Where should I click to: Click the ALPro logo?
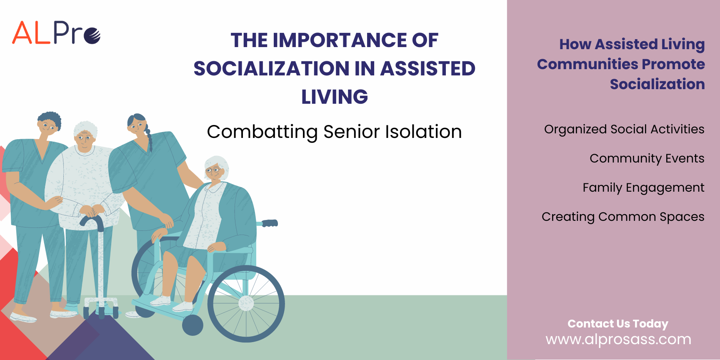coord(56,32)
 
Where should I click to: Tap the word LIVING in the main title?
coord(335,97)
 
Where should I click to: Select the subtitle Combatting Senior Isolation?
coord(334,132)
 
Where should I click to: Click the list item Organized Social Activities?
coord(624,130)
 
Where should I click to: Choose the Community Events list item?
coord(647,159)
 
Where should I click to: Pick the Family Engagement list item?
coord(643,188)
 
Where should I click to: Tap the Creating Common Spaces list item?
coord(623,217)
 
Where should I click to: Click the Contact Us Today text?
coord(618,324)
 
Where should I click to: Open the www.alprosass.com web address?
coord(618,340)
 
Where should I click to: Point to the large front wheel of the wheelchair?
coord(246,303)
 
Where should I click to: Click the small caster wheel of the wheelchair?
coord(192,325)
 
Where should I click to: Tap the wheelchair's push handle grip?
coord(270,223)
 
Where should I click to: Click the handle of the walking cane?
coord(92,221)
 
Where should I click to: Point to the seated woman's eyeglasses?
coord(213,170)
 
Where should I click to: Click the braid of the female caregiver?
coord(148,139)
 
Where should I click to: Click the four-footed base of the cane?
coord(101,307)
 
